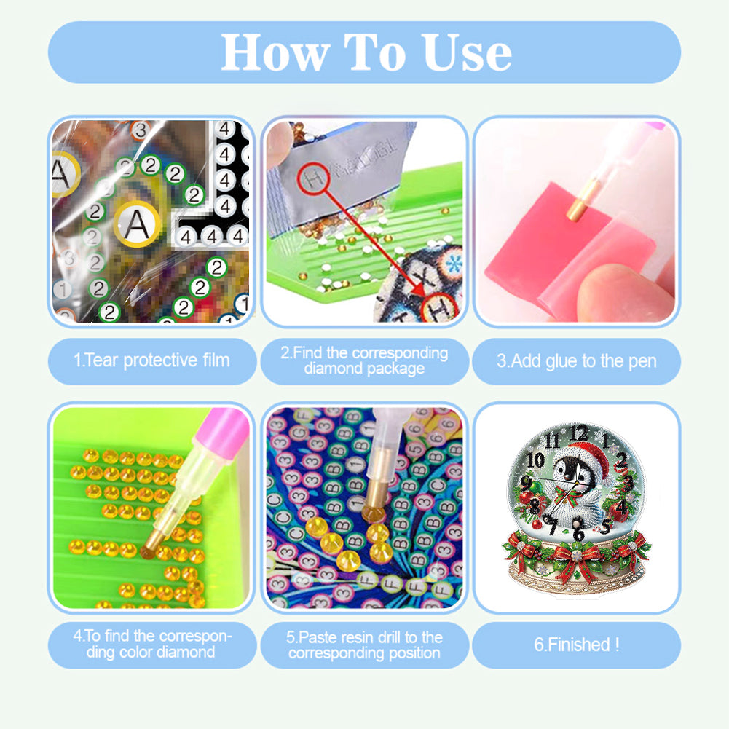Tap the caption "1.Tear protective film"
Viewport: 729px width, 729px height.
(x=151, y=360)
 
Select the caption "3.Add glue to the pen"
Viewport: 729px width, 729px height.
(x=576, y=360)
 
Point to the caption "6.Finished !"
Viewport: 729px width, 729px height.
(x=576, y=645)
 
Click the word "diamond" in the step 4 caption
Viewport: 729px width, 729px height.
(x=181, y=652)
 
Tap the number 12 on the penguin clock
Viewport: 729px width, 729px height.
(x=578, y=433)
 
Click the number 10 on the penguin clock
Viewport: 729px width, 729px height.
(x=535, y=460)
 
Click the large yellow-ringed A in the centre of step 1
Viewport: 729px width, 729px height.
(x=136, y=224)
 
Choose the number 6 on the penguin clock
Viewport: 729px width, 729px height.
(x=578, y=534)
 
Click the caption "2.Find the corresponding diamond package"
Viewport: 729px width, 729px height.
(x=364, y=360)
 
